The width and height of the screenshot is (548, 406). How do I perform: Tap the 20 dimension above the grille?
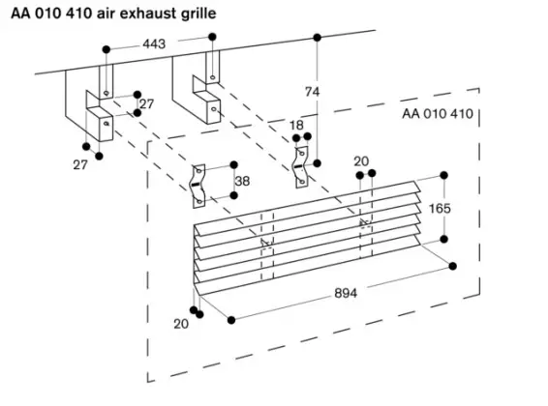(x=361, y=161)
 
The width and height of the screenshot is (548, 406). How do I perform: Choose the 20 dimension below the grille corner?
(x=180, y=324)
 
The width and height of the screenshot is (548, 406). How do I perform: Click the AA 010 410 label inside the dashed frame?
(x=436, y=114)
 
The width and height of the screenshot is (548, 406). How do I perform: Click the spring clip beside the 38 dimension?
(x=199, y=183)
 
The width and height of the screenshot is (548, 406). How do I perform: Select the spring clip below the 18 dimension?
(x=306, y=164)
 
